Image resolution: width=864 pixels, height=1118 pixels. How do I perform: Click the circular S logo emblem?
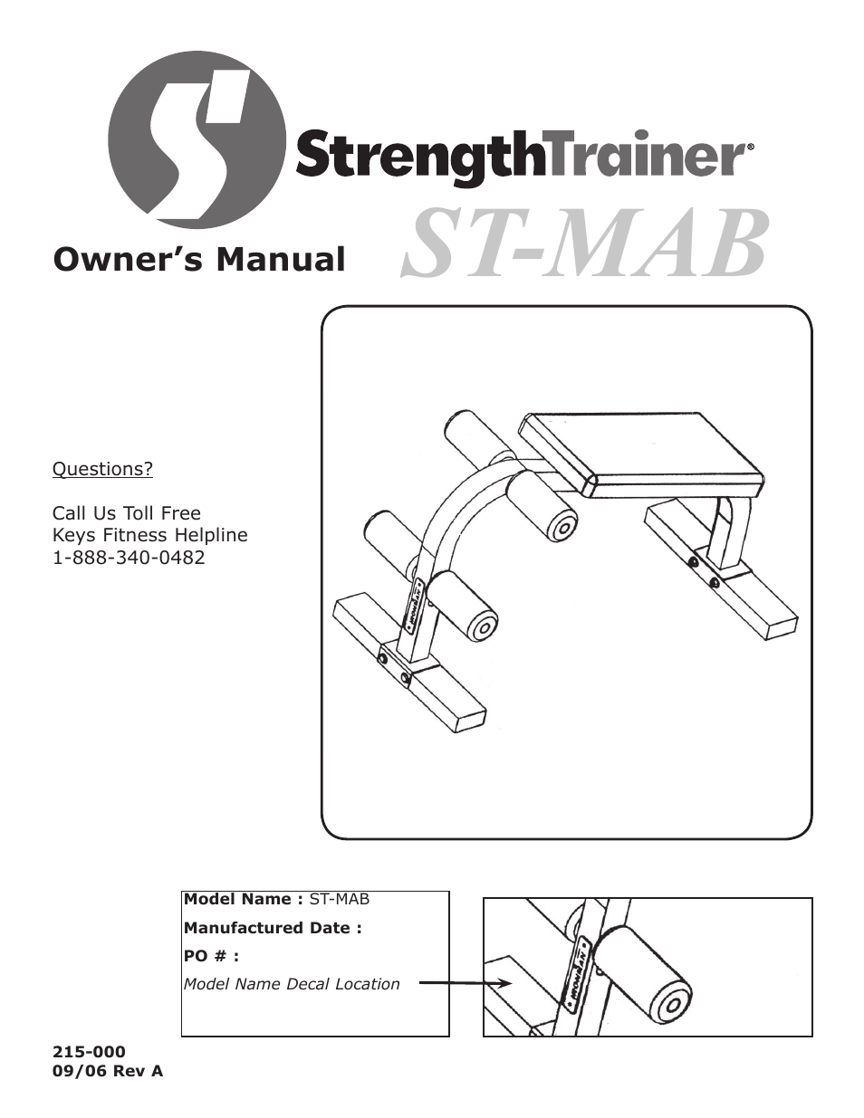[x=196, y=139]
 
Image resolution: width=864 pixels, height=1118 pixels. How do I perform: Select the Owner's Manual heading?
[x=199, y=260]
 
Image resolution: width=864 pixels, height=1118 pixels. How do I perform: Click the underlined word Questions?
[x=102, y=469]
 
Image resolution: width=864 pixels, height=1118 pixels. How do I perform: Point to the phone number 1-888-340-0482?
[x=129, y=558]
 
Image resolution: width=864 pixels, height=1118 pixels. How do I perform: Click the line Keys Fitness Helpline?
[x=149, y=535]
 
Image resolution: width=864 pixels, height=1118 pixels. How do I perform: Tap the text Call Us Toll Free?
[x=126, y=513]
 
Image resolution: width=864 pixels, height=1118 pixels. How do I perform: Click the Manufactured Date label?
[x=273, y=928]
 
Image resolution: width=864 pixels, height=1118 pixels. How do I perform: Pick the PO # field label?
[x=211, y=956]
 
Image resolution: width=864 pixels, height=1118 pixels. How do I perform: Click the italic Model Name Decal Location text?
[x=292, y=984]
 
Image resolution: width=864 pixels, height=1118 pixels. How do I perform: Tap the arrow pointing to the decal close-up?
[x=466, y=983]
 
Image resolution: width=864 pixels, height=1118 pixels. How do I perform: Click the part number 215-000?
[x=89, y=1052]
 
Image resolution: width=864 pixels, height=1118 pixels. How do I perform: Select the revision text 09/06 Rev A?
[x=108, y=1071]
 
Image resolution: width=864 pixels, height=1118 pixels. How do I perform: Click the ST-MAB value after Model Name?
[x=340, y=900]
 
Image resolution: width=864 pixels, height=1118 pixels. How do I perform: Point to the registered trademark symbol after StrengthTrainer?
[x=749, y=146]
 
